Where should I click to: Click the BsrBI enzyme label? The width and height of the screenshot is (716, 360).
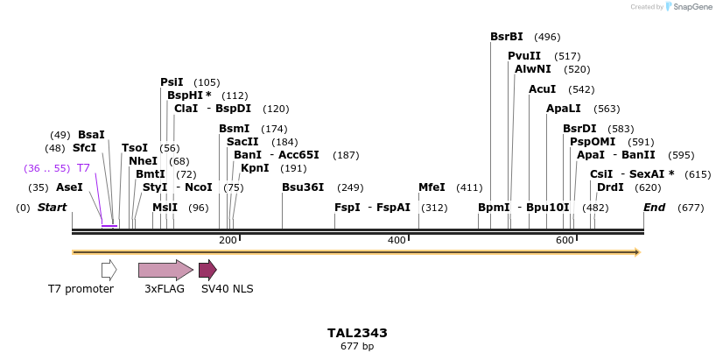pyautogui.click(x=507, y=37)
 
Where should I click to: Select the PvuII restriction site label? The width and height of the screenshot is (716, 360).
pyautogui.click(x=524, y=56)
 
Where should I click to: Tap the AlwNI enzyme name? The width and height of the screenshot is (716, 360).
pyautogui.click(x=533, y=69)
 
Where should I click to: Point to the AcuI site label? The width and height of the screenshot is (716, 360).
pyautogui.click(x=543, y=89)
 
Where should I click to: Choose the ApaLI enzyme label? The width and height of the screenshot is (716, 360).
pyautogui.click(x=563, y=109)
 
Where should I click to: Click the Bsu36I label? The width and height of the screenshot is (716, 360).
pyautogui.click(x=303, y=187)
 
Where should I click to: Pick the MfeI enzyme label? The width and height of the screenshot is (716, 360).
pyautogui.click(x=432, y=187)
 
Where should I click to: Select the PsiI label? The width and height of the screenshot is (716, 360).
pyautogui.click(x=172, y=82)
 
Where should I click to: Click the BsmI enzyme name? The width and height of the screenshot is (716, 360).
pyautogui.click(x=235, y=129)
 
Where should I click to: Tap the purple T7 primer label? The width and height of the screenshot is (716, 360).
pyautogui.click(x=83, y=168)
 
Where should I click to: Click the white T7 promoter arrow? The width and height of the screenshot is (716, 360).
pyautogui.click(x=109, y=270)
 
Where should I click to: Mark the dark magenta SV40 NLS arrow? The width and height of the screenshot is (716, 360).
pyautogui.click(x=207, y=270)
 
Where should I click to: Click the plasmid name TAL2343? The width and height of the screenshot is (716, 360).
pyautogui.click(x=357, y=333)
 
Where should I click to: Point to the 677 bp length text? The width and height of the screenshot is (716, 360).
pyautogui.click(x=357, y=347)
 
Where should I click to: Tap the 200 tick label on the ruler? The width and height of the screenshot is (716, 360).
pyautogui.click(x=228, y=240)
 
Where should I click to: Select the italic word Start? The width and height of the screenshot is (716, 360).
pyautogui.click(x=53, y=208)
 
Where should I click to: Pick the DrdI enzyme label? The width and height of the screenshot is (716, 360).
pyautogui.click(x=610, y=187)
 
